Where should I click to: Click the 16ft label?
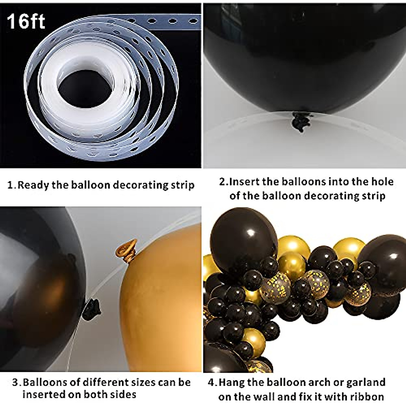[26, 21]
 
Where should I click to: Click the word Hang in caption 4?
[231, 383]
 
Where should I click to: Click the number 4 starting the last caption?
[211, 383]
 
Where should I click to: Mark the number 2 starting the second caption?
[222, 182]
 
